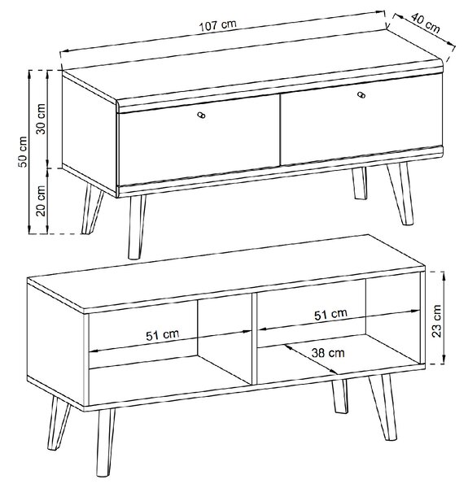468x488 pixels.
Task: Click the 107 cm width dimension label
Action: point(218,24)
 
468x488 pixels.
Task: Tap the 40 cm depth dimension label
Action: point(426,23)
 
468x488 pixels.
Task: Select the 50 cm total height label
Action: point(23,151)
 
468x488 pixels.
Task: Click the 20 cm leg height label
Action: point(41,201)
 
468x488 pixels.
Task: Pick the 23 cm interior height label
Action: point(437,321)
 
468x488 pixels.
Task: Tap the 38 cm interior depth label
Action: point(328,353)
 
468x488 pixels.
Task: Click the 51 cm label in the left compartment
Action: point(163,335)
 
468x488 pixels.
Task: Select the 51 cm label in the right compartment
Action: point(330,314)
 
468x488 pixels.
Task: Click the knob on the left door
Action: point(202,115)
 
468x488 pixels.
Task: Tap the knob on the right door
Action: point(361,94)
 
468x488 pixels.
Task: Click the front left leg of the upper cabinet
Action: point(137,227)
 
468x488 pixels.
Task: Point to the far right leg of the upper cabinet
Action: point(402,193)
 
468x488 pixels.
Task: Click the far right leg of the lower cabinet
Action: point(384,407)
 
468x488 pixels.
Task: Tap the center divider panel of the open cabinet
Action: point(254,338)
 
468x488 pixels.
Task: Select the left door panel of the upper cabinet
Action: point(199,140)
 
